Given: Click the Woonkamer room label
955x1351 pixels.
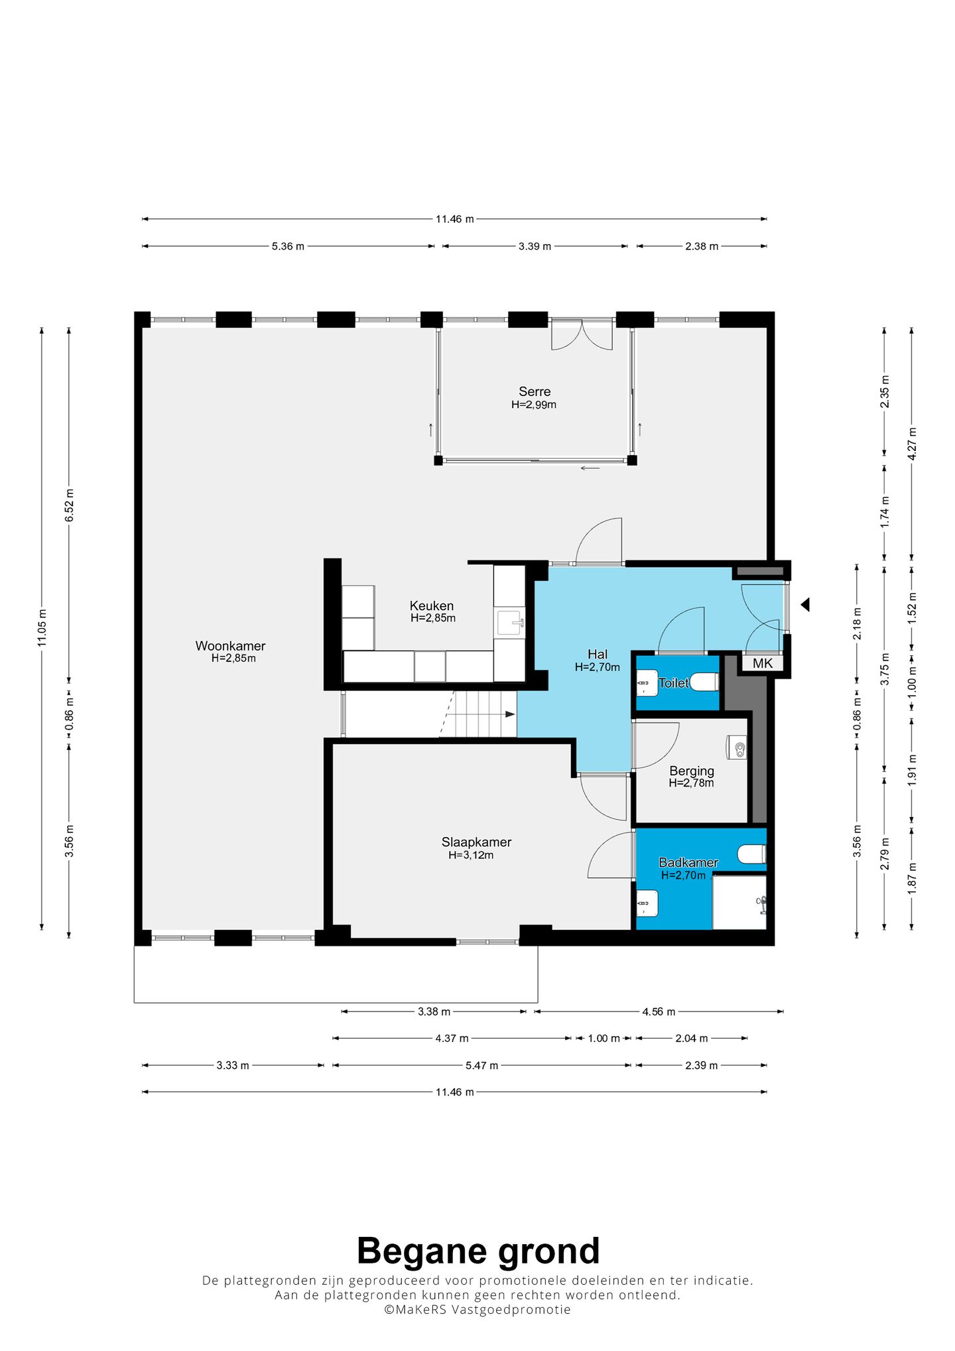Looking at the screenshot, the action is [230, 645].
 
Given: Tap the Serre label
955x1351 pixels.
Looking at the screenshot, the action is [535, 391].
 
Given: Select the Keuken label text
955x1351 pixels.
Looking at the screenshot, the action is [432, 606].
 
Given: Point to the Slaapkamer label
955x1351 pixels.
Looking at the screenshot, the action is [476, 842].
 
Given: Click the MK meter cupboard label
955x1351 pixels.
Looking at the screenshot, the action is [762, 663].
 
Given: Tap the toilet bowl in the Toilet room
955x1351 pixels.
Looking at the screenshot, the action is [705, 682].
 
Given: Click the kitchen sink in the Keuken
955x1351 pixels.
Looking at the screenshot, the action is [510, 623].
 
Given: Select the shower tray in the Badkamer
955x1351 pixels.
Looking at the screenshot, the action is [739, 902].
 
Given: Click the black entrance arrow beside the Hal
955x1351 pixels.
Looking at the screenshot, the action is [805, 604].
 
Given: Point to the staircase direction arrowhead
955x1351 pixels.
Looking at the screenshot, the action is [510, 714].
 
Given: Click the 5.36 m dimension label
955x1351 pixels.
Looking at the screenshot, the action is [288, 246].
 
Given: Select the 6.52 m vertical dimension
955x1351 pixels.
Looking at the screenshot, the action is [70, 505].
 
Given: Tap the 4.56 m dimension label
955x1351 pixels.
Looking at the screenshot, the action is [659, 1011].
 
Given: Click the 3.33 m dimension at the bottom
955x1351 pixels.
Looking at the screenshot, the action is [233, 1065].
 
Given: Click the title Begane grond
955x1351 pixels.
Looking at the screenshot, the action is [478, 1251].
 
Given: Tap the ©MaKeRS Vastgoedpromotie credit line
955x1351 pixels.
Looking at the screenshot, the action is [477, 1309].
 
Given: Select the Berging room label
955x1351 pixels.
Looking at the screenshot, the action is [692, 771].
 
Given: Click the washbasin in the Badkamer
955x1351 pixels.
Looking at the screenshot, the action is [647, 903].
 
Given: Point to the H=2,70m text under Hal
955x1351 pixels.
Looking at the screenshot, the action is [597, 667].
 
